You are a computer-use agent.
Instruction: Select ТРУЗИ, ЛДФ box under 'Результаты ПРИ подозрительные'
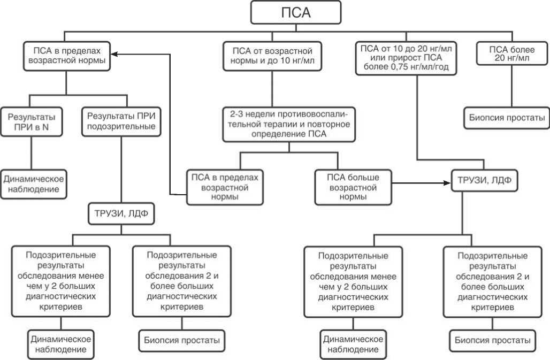(120, 216)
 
